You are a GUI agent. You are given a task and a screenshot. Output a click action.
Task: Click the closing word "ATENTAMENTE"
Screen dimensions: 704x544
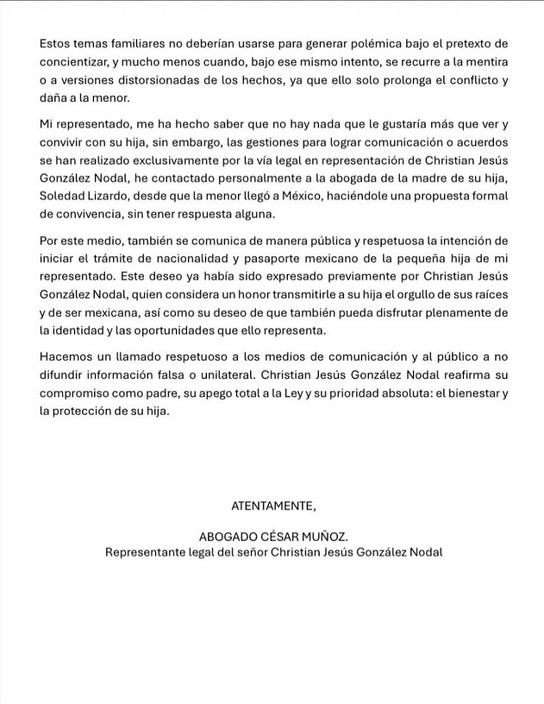click(272, 506)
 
